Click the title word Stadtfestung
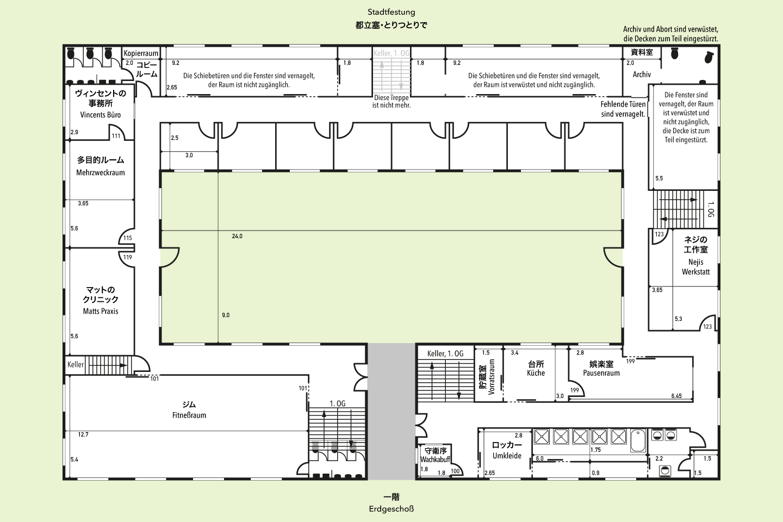tap(391, 13)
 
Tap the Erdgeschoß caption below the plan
tap(391, 509)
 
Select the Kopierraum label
tap(141, 53)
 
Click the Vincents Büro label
tap(100, 115)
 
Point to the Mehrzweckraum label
tap(100, 172)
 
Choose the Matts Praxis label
tap(100, 311)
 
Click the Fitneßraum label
tap(189, 415)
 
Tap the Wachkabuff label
tap(435, 459)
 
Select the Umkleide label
tap(507, 456)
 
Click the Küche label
tap(536, 372)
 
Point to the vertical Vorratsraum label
tap(491, 377)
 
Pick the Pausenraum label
tap(601, 372)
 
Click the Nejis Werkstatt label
tap(695, 267)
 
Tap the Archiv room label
tap(642, 74)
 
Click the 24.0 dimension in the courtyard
tap(237, 237)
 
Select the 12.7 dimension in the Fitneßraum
tap(83, 434)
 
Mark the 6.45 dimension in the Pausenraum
tap(676, 396)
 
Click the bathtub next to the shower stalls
tap(638, 440)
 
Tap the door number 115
tap(128, 238)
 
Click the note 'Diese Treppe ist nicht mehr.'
tap(391, 101)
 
